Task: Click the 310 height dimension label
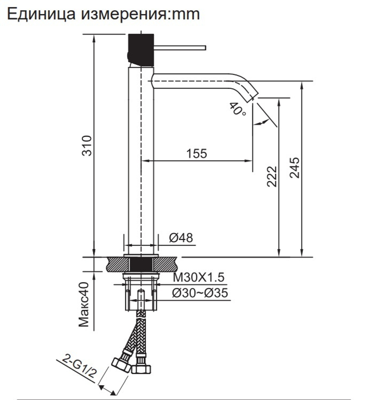87,145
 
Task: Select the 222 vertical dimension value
272,176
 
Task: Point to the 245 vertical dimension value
295,168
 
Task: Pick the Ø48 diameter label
181,238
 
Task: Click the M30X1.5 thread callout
198,278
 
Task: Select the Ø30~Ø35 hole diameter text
200,293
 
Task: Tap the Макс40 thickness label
85,304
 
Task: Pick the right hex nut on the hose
141,367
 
